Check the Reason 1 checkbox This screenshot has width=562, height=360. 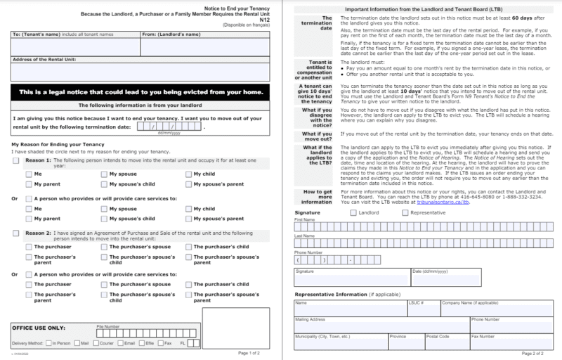[16, 161]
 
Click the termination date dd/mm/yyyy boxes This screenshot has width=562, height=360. [169, 127]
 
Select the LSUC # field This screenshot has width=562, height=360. [424, 310]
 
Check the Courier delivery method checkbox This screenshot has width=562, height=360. [95, 343]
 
